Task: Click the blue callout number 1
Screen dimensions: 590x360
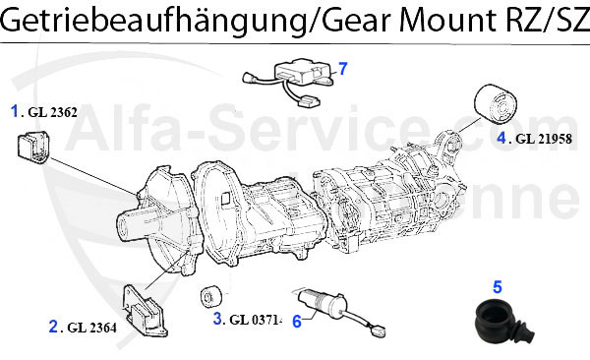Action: click(16, 110)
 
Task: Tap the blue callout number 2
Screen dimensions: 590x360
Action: click(53, 326)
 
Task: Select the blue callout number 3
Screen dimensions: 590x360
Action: click(217, 318)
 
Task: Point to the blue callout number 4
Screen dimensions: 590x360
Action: click(501, 137)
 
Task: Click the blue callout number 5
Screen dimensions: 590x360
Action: click(498, 287)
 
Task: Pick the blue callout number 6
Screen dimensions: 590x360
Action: click(296, 320)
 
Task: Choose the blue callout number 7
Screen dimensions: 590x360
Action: click(343, 69)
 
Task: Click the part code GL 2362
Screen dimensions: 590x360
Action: click(50, 112)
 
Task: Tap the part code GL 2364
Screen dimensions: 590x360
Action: click(91, 328)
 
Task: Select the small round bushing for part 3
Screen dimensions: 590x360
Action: click(209, 298)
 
